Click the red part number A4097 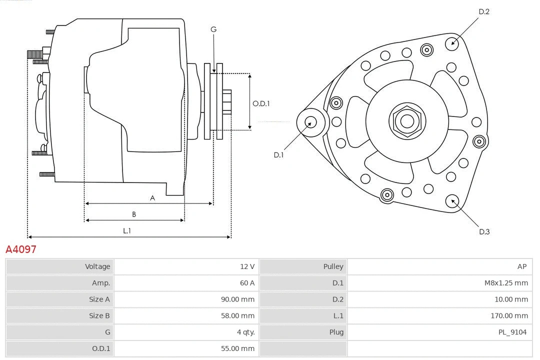pos(21,249)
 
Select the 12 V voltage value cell pos(247,266)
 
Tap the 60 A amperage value pos(247,283)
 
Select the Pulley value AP pos(521,266)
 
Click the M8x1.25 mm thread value pos(506,283)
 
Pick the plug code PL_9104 pos(512,332)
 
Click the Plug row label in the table pos(336,332)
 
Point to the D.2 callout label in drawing pos(483,11)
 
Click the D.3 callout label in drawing pos(483,231)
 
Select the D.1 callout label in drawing pos(278,155)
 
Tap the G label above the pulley pos(213,29)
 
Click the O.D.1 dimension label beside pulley pos(261,103)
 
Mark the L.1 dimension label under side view pos(127,230)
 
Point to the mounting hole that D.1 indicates pos(311,121)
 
